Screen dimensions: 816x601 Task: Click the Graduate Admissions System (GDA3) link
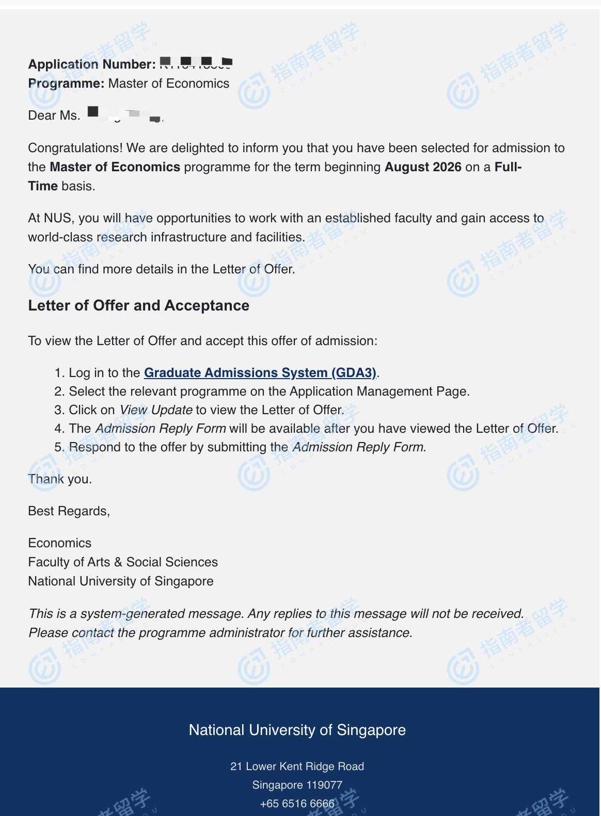point(260,372)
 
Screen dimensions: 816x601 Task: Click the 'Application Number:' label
point(91,64)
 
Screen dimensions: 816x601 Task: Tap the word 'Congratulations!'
point(75,148)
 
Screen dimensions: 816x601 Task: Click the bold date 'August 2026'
point(423,167)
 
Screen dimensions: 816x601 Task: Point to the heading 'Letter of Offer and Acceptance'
point(138,305)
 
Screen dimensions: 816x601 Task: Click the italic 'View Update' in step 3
point(156,410)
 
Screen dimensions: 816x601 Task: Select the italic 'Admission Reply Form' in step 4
point(161,429)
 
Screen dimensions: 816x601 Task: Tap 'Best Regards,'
point(69,511)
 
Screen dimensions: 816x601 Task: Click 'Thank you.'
point(60,479)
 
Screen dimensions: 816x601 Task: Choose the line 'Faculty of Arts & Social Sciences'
point(123,562)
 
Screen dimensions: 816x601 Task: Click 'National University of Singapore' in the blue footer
point(297,730)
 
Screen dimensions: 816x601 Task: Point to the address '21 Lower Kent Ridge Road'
point(297,766)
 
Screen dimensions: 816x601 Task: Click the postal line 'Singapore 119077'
point(297,785)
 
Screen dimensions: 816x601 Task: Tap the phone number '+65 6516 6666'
point(297,804)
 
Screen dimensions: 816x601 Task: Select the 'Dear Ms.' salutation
point(54,116)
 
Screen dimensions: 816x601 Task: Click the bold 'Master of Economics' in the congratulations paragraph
point(115,167)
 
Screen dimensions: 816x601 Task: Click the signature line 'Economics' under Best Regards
point(59,543)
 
